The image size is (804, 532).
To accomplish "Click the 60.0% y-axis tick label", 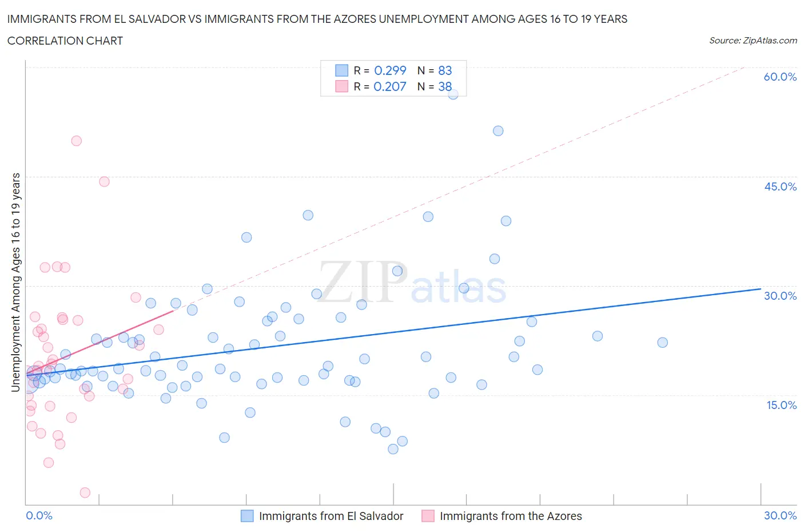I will [780, 77].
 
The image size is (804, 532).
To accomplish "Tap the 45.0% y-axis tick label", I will [780, 186].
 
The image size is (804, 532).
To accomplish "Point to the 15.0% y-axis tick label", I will [780, 405].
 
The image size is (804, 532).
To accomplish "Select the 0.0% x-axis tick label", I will [39, 515].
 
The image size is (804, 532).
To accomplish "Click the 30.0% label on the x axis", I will [780, 515].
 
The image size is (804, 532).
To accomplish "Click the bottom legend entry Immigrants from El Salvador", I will [331, 516].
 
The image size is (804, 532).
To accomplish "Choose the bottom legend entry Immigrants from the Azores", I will [510, 516].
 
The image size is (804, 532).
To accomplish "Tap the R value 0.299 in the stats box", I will [390, 70].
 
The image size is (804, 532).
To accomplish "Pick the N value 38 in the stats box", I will [445, 86].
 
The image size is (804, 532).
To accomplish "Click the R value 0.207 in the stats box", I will [390, 86].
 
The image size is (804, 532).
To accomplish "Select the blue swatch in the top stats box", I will [341, 70].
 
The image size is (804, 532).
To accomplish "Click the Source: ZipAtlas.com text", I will [753, 41].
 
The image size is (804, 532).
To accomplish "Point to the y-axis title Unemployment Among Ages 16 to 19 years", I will [15, 282].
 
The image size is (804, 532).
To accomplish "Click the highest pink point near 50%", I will [76, 141].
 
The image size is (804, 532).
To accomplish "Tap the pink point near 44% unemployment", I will [104, 181].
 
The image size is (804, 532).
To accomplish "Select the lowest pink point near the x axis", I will [85, 493].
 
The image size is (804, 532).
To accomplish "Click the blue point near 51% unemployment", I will [498, 131].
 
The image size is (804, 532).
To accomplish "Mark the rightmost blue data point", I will [662, 343].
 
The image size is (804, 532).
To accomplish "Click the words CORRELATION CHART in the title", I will [65, 41].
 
